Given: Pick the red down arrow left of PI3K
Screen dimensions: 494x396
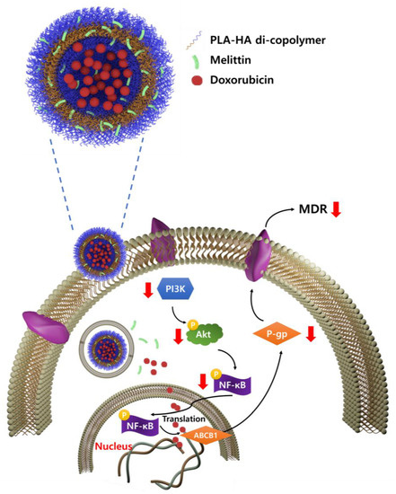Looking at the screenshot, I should pos(146,290).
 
